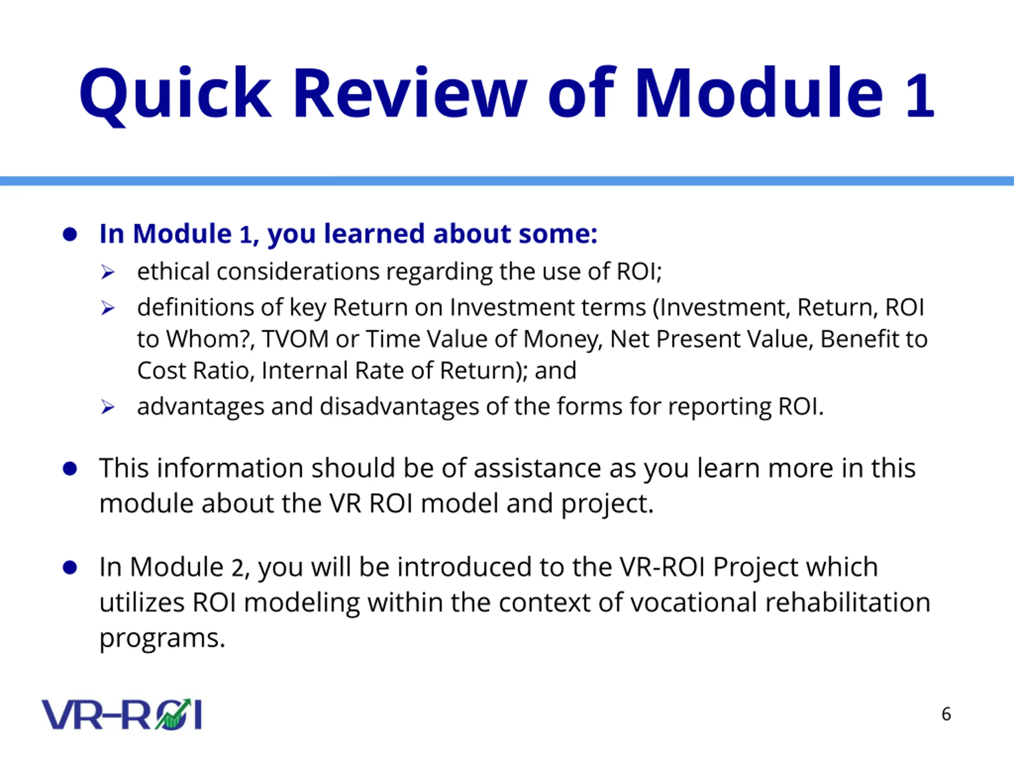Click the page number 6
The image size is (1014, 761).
click(x=946, y=714)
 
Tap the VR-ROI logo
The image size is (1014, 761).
click(x=122, y=714)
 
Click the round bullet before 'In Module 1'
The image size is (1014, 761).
click(x=70, y=234)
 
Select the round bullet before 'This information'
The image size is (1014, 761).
click(x=70, y=469)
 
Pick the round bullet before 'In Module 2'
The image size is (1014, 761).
click(x=70, y=568)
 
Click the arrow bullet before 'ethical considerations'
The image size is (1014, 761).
click(x=108, y=272)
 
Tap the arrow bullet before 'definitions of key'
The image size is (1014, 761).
click(x=108, y=308)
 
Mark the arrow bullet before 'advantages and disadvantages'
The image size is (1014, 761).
click(x=108, y=407)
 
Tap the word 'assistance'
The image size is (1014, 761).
click(x=537, y=468)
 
